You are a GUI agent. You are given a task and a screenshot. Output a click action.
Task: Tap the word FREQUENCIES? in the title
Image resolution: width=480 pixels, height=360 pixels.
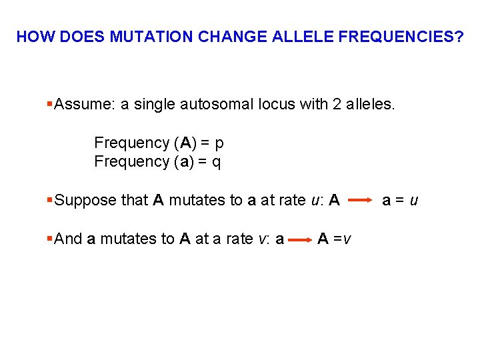401,37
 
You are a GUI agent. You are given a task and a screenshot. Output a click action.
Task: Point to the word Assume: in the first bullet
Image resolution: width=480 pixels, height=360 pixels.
83,104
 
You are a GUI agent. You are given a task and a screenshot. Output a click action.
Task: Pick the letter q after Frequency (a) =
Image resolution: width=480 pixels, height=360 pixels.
216,161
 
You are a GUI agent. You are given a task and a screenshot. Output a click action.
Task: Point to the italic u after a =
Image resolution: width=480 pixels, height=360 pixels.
414,200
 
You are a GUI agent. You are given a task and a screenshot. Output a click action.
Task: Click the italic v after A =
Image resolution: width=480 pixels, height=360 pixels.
349,239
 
